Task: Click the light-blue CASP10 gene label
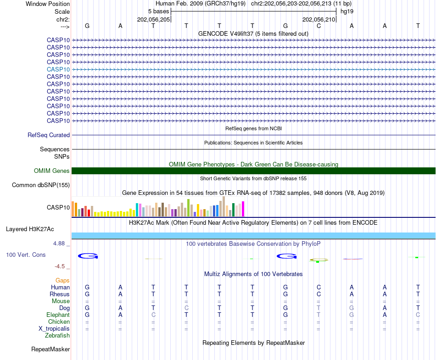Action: point(58,69)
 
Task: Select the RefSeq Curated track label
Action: point(49,135)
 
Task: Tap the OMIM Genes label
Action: point(52,171)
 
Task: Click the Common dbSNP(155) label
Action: point(41,185)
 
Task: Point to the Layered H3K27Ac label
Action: point(30,229)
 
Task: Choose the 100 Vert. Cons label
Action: point(26,255)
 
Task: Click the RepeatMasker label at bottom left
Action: point(50,349)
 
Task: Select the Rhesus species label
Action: point(60,294)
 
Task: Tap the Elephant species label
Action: point(58,315)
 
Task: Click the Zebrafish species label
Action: point(57,336)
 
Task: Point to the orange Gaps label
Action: point(62,280)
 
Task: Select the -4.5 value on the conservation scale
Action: point(60,266)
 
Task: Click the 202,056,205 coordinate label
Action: point(154,20)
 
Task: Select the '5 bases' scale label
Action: point(159,11)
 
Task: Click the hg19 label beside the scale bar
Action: point(347,11)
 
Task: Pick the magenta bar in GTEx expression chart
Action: point(243,210)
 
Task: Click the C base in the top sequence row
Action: point(319,26)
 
